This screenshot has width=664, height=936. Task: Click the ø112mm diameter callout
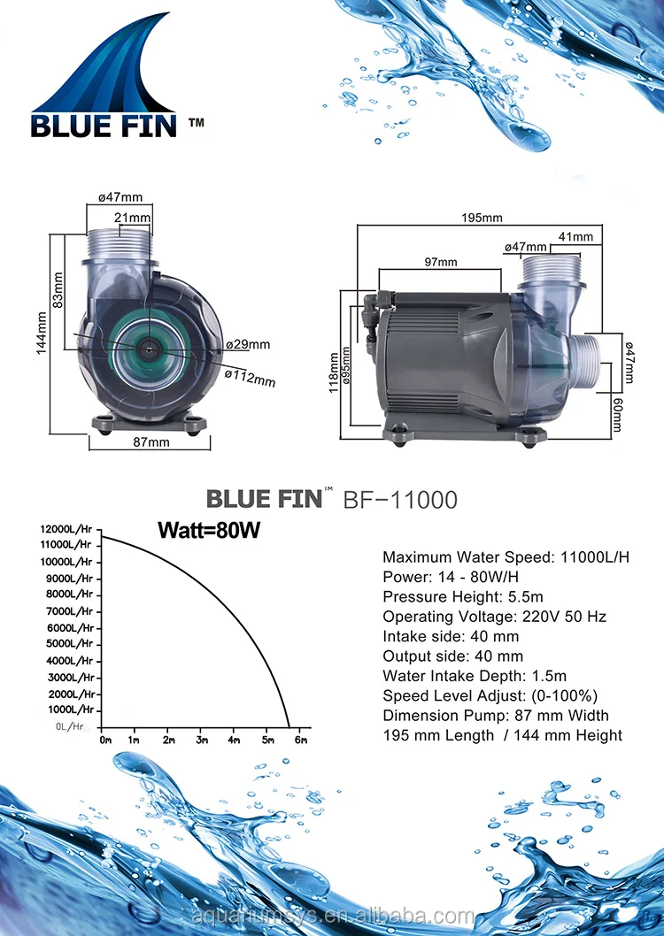click(x=250, y=378)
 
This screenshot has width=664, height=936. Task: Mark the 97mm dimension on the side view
click(x=440, y=262)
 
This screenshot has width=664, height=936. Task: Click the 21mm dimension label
click(x=132, y=219)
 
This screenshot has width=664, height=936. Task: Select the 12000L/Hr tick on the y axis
click(x=66, y=529)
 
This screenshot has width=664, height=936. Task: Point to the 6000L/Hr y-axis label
click(x=68, y=628)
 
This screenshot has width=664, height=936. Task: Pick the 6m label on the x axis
click(x=301, y=740)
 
